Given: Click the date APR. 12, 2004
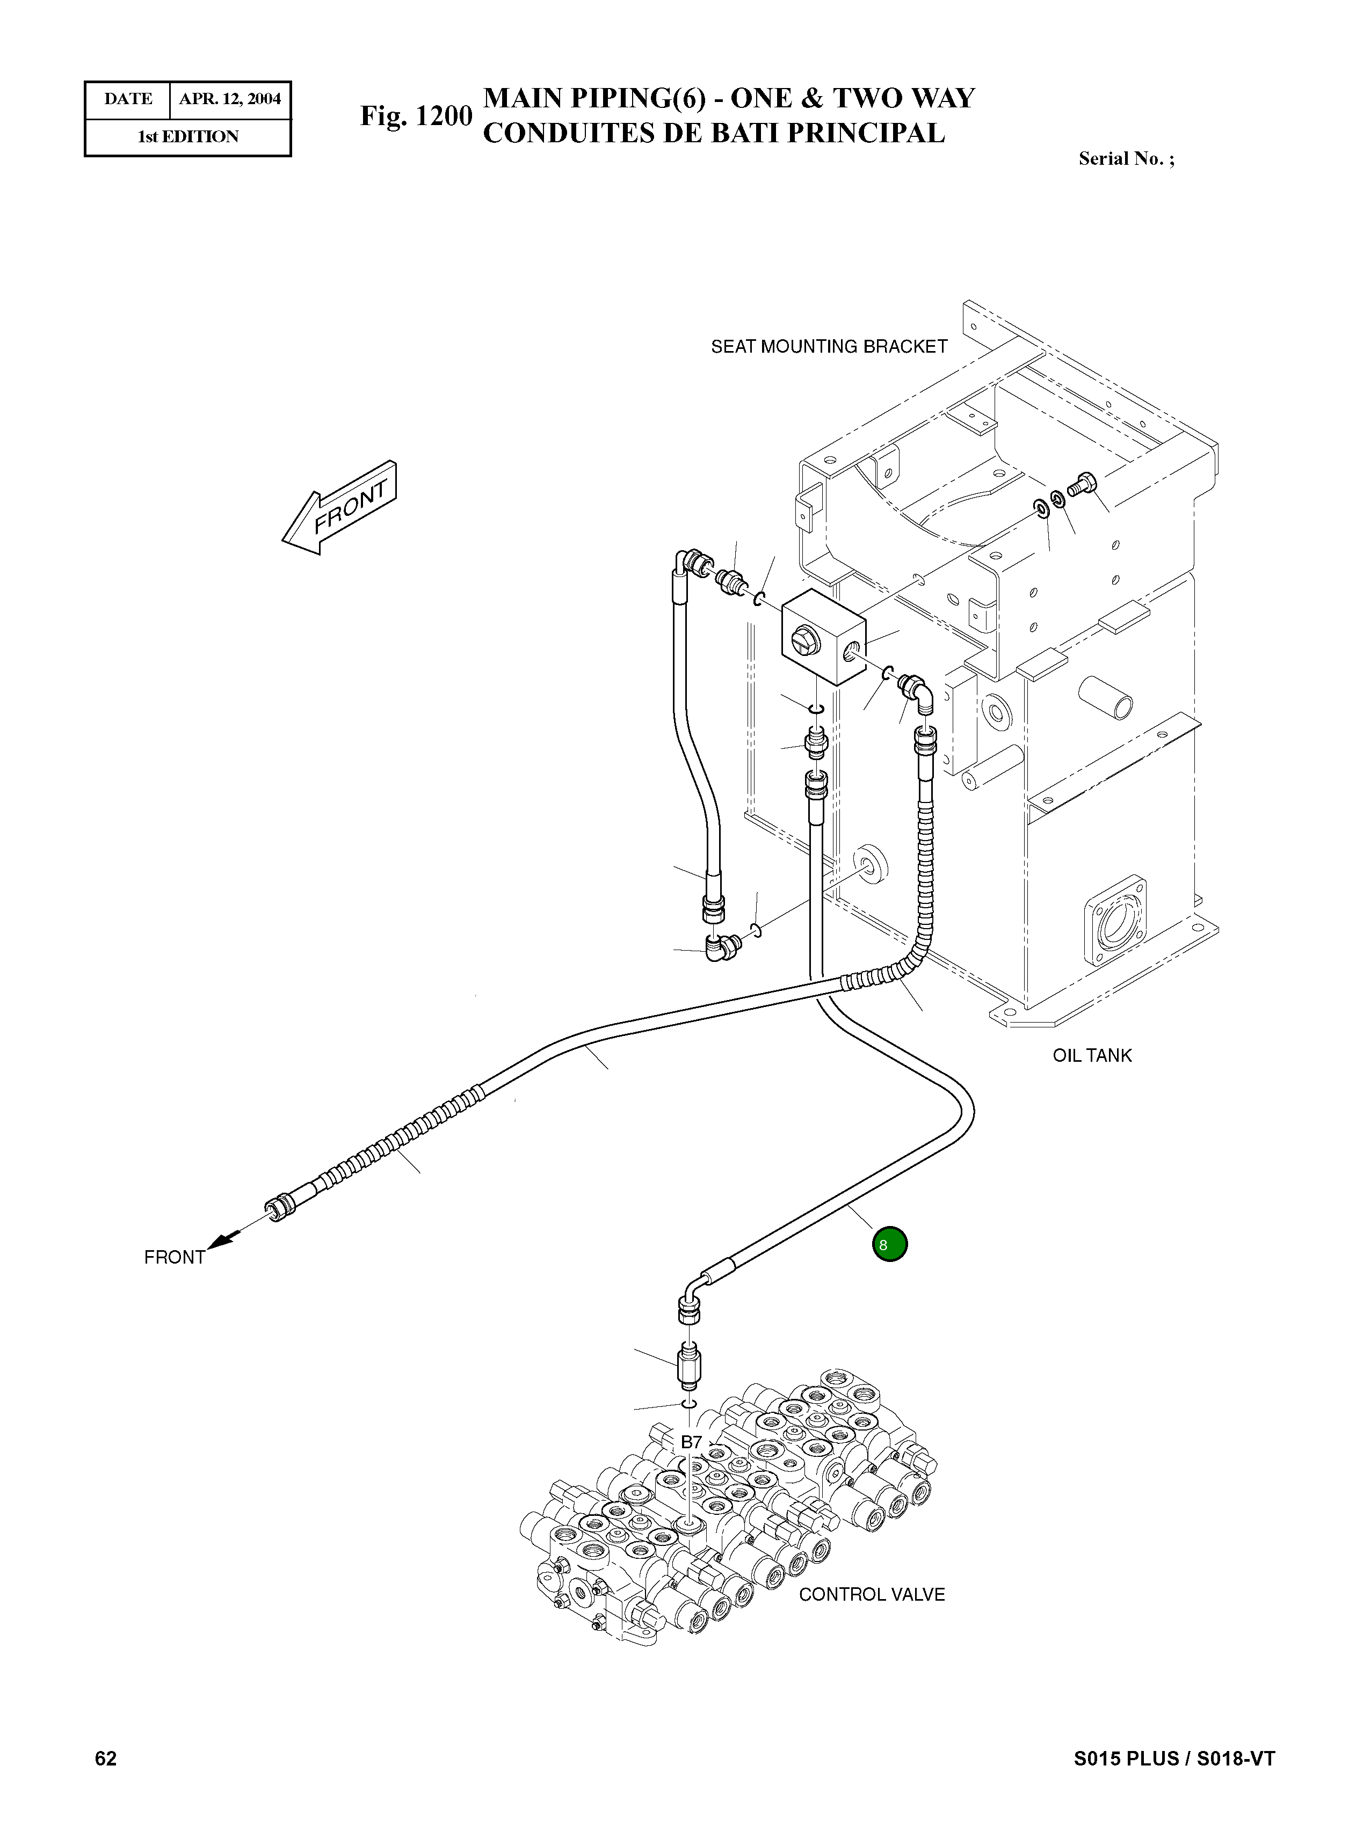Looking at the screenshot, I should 230,99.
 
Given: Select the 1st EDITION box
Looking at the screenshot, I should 188,137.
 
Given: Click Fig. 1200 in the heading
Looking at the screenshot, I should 416,116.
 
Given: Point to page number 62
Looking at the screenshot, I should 106,1757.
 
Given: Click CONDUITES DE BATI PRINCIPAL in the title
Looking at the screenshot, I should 713,133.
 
